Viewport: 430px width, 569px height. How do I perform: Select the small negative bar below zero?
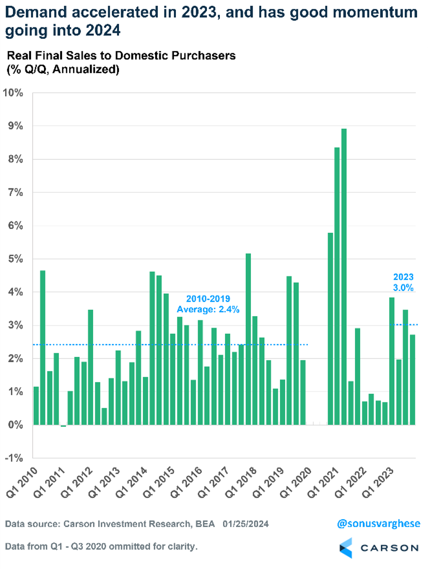coord(63,426)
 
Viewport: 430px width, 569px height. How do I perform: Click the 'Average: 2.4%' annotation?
coord(202,309)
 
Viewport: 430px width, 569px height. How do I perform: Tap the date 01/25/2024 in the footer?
coord(246,525)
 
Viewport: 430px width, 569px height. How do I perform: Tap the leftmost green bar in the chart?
coord(36,406)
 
